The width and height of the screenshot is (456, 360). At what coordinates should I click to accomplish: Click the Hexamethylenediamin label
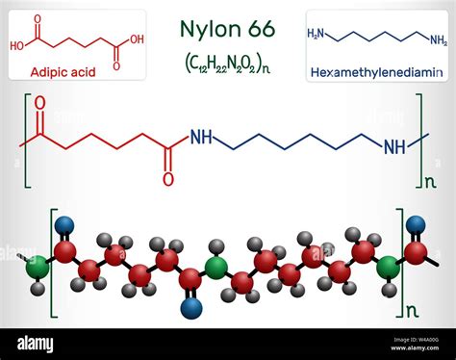pos(376,71)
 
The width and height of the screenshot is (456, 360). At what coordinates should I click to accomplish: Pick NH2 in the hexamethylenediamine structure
pos(438,41)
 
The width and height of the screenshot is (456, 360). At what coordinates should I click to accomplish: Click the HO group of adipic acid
pos(19,44)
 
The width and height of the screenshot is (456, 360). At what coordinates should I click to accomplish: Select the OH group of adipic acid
pos(137,39)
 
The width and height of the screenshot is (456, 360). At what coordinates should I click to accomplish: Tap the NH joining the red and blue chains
pos(200,137)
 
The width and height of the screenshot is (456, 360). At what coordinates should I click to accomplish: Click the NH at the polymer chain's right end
pos(393,147)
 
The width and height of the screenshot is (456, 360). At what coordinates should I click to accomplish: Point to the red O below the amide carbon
pos(167,178)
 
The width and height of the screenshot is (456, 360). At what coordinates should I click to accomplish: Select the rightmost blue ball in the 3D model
pos(416,225)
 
